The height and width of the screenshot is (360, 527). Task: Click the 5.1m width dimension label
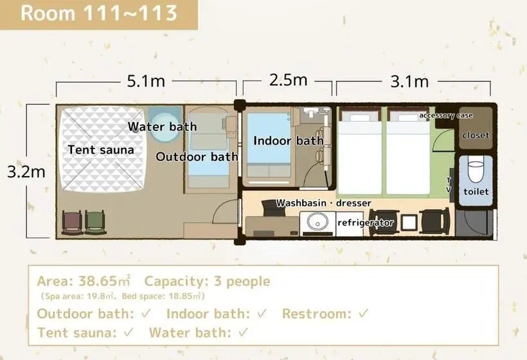coord(146,81)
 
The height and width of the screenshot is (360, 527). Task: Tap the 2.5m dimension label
coord(289,80)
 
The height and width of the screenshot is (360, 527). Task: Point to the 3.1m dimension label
coord(409,82)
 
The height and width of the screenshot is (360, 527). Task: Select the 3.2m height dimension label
coord(26,172)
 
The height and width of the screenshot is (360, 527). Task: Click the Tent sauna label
coord(101,150)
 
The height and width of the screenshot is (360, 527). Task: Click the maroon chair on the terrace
coord(72,222)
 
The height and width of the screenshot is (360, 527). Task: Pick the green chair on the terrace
coord(96,222)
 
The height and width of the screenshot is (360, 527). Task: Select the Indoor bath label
coord(289,141)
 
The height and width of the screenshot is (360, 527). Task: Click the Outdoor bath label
coord(197,157)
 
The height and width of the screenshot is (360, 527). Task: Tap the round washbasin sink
coord(316,222)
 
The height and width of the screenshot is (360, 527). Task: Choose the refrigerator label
coord(365,222)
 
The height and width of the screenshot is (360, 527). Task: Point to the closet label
coord(476,135)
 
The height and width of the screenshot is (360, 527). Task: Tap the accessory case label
coord(445,116)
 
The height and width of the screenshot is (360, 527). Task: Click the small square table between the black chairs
coord(409,222)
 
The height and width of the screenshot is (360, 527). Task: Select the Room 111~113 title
coord(99,14)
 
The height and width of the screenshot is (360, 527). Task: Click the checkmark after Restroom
coord(363,314)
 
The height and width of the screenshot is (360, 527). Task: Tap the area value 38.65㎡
coord(105,281)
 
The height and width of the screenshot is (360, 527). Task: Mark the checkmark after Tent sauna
coord(129,333)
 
